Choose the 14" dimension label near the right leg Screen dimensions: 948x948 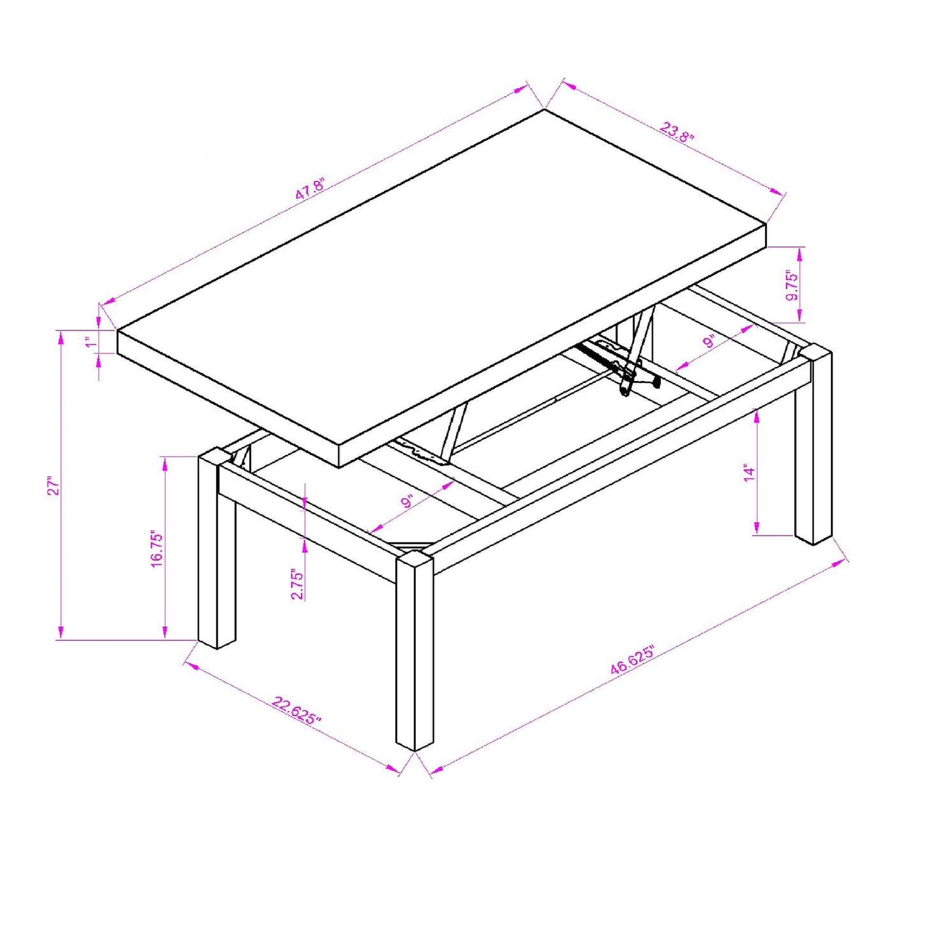[x=748, y=473]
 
